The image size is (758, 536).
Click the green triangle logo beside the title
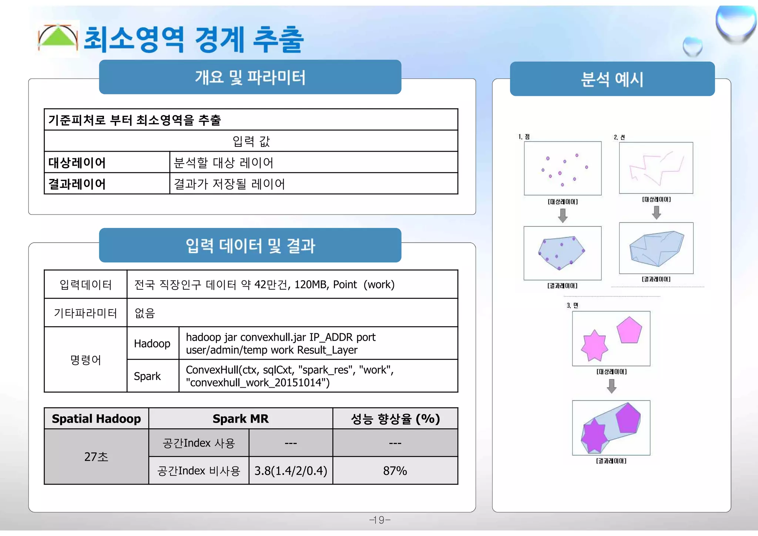tap(58, 38)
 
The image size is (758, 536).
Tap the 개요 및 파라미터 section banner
tap(250, 77)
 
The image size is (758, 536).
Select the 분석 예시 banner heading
tap(612, 79)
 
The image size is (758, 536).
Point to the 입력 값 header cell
tap(251, 141)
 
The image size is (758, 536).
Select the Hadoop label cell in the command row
tap(152, 344)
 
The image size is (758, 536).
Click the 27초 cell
tap(96, 457)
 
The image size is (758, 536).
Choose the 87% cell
tap(395, 471)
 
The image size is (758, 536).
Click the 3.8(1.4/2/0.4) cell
tap(291, 471)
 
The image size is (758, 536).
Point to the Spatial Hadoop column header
tap(96, 419)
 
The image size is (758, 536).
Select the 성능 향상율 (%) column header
tap(395, 419)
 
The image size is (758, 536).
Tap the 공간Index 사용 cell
tap(199, 443)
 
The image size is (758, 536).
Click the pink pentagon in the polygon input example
tap(629, 330)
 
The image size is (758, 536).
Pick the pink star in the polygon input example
tap(594, 345)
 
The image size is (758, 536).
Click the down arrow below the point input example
tap(563, 215)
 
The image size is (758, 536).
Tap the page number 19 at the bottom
tap(380, 520)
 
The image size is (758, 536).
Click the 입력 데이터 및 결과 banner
tap(250, 246)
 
